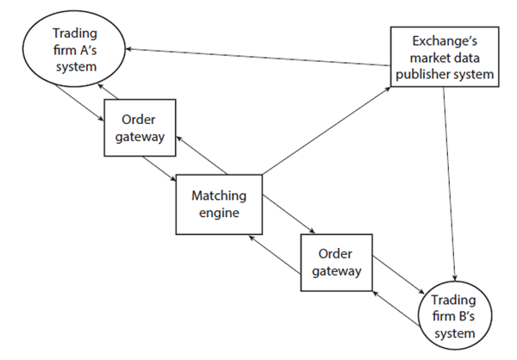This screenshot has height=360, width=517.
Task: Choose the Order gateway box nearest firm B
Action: tap(335, 265)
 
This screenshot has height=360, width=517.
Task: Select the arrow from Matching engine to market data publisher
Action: tap(323, 126)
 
